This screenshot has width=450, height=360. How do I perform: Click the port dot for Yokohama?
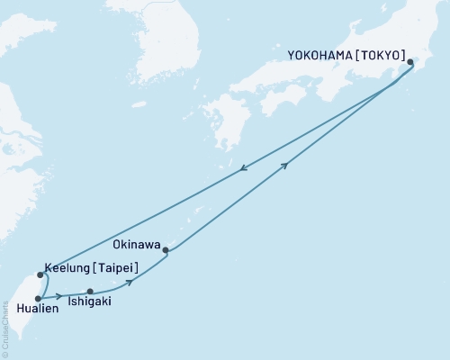tap(411, 62)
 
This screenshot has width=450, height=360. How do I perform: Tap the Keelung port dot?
tap(40, 274)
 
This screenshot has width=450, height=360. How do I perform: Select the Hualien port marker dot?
tap(37, 298)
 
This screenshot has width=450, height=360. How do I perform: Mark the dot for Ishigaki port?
tap(90, 292)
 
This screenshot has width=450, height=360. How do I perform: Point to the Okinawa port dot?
tap(166, 251)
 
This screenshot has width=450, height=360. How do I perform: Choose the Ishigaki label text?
tap(90, 302)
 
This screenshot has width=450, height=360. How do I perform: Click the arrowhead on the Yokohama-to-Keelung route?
tap(243, 168)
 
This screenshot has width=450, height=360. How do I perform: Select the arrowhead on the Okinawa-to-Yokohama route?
tap(285, 165)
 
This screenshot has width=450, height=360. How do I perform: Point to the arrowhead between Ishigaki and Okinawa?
tap(131, 282)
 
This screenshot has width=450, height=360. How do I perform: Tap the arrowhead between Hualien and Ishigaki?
tap(59, 296)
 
